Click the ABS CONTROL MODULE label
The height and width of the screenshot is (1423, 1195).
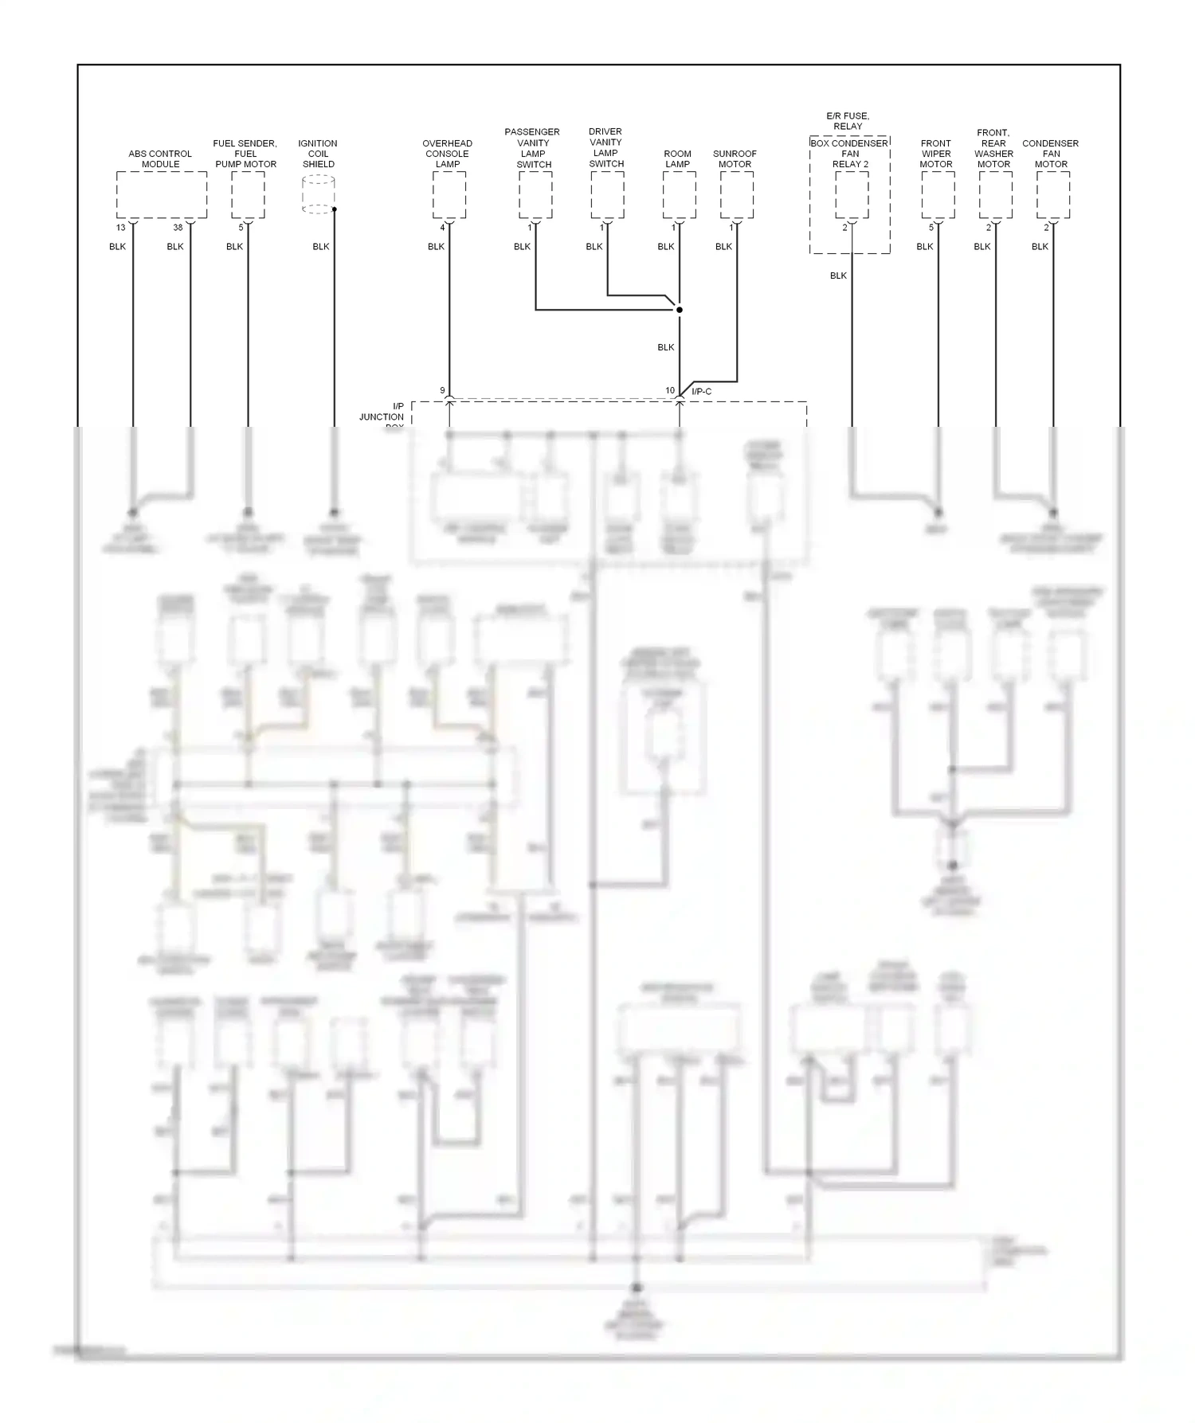click(160, 158)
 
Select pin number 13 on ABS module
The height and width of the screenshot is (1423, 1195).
click(121, 228)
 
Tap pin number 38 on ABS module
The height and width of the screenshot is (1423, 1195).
click(178, 228)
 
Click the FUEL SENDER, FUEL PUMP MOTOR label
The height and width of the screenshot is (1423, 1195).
click(245, 154)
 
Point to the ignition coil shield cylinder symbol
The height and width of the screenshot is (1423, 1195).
click(319, 195)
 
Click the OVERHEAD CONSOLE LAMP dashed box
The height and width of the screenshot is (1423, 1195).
click(449, 195)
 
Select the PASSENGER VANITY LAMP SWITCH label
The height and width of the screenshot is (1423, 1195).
click(533, 148)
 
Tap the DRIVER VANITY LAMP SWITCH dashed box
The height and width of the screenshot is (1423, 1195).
click(607, 195)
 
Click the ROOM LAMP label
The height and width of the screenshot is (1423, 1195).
click(677, 158)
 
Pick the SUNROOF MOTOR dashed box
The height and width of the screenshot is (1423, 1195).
click(737, 195)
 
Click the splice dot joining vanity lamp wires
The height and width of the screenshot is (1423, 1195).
click(680, 309)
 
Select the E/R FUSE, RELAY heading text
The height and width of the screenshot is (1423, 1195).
click(848, 121)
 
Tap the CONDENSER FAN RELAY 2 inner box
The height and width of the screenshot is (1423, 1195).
click(852, 195)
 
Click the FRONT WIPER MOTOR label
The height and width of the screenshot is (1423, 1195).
click(936, 154)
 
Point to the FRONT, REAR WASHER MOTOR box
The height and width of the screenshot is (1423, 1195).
click(995, 195)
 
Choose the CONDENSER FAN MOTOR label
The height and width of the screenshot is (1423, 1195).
click(1051, 154)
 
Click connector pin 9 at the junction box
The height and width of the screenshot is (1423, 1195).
click(442, 390)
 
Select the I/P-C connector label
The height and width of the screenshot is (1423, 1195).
click(701, 391)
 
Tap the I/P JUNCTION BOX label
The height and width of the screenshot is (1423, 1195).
click(383, 416)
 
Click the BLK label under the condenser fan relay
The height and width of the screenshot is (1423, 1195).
click(838, 276)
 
